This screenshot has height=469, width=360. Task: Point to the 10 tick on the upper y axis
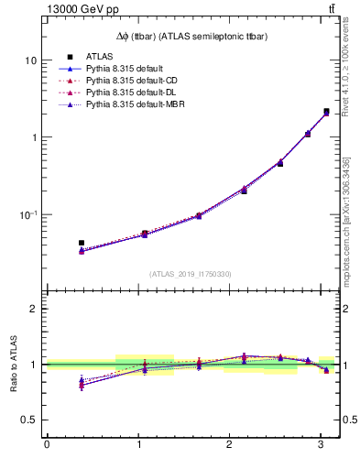(30, 60)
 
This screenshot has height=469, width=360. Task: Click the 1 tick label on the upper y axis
(33, 137)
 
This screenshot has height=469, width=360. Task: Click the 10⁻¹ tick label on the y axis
(27, 214)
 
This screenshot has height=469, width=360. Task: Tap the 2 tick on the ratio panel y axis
(33, 309)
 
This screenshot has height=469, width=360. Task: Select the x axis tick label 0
(47, 445)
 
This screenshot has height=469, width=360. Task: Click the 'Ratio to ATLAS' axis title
(13, 364)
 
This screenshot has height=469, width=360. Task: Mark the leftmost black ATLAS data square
(82, 243)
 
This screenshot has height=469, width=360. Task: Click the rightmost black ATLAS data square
(326, 112)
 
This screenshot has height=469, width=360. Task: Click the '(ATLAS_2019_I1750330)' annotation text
(191, 274)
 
